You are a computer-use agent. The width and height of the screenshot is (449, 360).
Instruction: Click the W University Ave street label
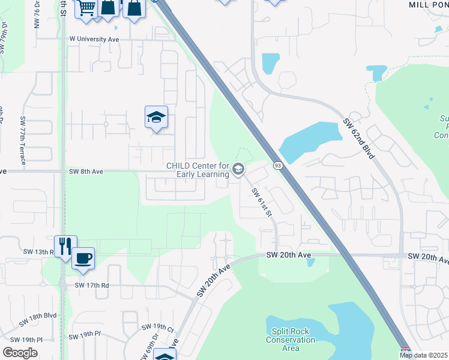[94, 39]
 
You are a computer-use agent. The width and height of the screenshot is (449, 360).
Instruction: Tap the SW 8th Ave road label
[86, 171]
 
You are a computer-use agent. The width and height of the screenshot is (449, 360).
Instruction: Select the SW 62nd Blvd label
[360, 139]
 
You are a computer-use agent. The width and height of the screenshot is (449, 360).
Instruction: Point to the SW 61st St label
[262, 202]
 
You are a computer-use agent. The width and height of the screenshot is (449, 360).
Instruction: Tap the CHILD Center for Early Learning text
[197, 170]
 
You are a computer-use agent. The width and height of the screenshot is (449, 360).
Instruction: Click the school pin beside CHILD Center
[238, 170]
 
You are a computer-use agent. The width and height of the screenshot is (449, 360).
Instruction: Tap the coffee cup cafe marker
[83, 258]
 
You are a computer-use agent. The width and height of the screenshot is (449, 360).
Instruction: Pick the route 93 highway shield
[277, 165]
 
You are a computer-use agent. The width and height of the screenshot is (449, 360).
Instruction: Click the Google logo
[20, 353]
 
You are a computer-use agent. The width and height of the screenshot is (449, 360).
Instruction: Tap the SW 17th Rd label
[92, 286]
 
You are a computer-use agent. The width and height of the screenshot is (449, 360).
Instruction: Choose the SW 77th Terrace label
[23, 137]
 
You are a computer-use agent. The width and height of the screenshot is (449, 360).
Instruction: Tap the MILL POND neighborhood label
[429, 4]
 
